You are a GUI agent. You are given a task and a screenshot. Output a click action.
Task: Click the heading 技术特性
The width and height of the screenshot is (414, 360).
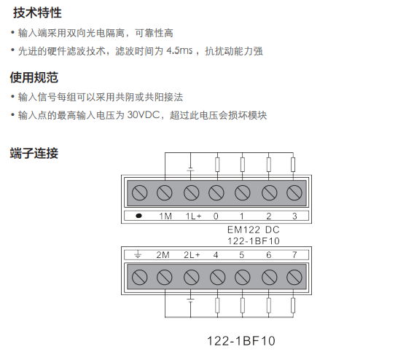pos(37,12)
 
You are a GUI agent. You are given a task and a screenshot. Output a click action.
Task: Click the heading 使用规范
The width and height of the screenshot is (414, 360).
pos(34,77)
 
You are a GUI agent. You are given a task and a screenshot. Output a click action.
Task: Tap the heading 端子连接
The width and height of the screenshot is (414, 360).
pos(34,153)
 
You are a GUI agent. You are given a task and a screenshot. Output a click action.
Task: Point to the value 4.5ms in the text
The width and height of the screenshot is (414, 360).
pos(179,50)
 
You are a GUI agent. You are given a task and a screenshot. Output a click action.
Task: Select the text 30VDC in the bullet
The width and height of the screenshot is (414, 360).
pos(144,115)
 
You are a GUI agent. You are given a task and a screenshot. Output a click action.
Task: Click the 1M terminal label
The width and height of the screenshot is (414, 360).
pos(165,216)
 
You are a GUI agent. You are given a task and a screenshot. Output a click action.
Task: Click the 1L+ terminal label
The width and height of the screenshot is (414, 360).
pos(194,216)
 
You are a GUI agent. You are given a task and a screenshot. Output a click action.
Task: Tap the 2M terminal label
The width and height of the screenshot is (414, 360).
pos(163,255)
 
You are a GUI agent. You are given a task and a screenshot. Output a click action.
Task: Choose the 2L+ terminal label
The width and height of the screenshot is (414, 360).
pos(192,255)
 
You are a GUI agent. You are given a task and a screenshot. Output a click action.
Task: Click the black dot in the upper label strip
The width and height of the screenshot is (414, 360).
pos(138,216)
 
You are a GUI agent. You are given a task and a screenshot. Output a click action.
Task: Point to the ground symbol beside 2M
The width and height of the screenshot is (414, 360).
pos(138,254)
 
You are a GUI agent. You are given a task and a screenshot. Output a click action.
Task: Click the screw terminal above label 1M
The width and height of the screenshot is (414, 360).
pos(165,192)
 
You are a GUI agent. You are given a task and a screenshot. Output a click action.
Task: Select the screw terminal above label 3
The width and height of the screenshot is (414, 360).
pos(294,192)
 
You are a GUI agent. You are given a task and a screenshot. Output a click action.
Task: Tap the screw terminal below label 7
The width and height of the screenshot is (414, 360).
pos(294,278)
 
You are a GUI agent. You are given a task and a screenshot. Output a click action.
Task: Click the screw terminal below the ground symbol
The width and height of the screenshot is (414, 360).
pos(139,278)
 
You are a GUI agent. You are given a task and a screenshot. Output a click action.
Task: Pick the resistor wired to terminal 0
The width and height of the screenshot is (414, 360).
pos(217,165)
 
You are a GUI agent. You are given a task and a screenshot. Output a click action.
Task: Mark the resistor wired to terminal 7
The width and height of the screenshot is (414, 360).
pos(293,305)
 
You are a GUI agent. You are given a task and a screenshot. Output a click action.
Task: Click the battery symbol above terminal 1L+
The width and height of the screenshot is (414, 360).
pos(190,169)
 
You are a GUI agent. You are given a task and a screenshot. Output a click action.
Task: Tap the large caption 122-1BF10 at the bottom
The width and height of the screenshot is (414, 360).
pos(241,341)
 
